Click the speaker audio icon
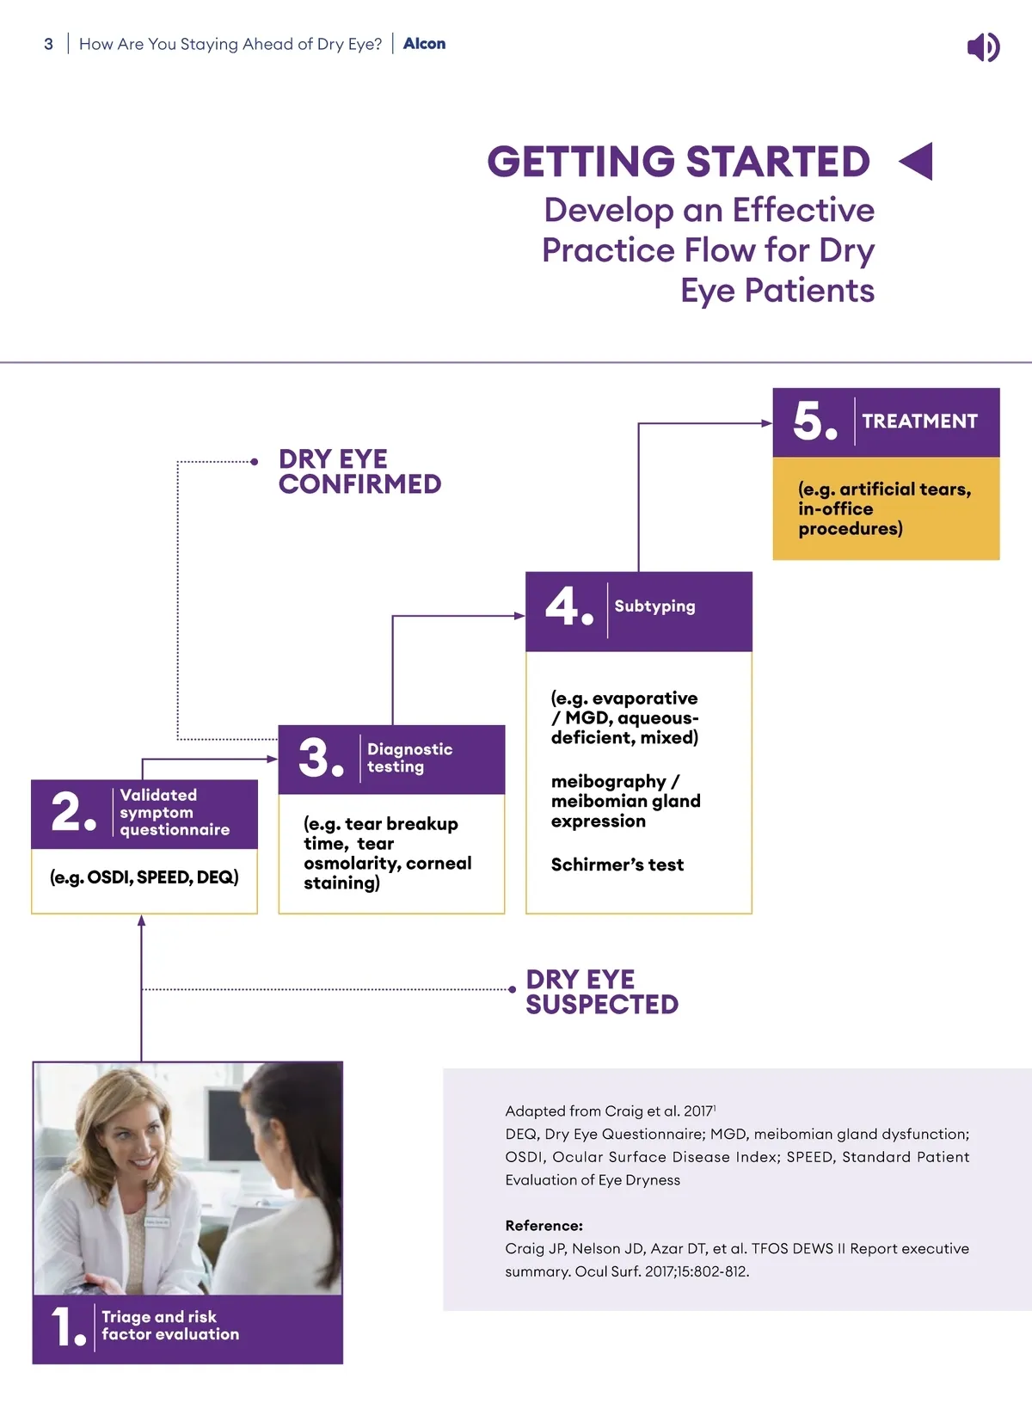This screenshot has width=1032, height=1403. click(983, 46)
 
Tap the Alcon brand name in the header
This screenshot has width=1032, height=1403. click(424, 44)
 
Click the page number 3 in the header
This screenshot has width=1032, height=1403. click(49, 44)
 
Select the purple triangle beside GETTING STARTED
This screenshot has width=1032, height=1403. click(917, 162)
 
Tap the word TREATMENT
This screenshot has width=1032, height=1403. click(919, 421)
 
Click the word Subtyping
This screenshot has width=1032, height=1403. click(654, 606)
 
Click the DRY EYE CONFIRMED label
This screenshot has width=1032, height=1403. click(359, 471)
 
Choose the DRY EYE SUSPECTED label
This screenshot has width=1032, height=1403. click(602, 992)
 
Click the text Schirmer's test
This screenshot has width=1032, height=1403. click(617, 865)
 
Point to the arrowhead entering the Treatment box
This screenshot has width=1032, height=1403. click(767, 423)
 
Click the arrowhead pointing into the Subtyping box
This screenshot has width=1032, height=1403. click(519, 616)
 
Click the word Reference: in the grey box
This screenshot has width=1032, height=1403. click(544, 1226)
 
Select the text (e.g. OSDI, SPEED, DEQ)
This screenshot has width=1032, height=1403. click(144, 877)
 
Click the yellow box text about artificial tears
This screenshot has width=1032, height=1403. click(884, 508)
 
